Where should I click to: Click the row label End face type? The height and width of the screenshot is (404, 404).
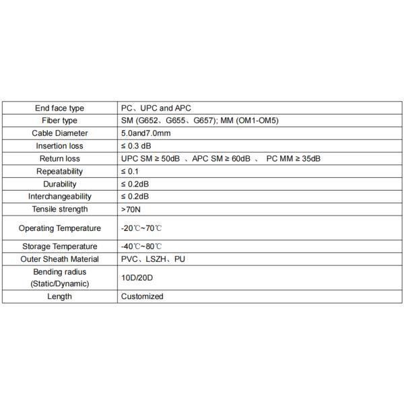59,108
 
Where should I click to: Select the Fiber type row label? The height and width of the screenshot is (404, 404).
59,121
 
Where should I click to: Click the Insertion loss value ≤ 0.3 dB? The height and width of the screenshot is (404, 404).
136,146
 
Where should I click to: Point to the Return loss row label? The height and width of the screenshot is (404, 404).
59,158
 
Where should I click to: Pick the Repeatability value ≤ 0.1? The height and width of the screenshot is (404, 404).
131,171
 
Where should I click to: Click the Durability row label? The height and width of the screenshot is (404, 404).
59,184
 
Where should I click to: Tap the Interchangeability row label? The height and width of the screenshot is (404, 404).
59,197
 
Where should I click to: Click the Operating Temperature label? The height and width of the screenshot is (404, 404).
59,228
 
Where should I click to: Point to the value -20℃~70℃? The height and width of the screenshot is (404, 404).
142,228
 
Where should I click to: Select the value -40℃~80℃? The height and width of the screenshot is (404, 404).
142,246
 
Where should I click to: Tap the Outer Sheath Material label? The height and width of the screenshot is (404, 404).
59,259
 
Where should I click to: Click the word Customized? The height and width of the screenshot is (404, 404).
142,296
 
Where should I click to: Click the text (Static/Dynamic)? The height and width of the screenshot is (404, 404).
59,284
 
